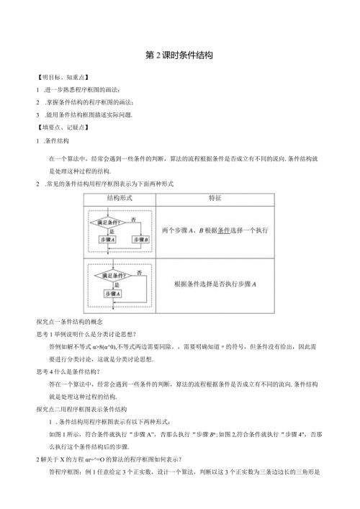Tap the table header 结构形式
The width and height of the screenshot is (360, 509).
click(x=120, y=197)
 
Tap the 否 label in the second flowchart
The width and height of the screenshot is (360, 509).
click(x=138, y=271)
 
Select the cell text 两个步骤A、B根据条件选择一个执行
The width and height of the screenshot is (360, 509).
click(x=215, y=230)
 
